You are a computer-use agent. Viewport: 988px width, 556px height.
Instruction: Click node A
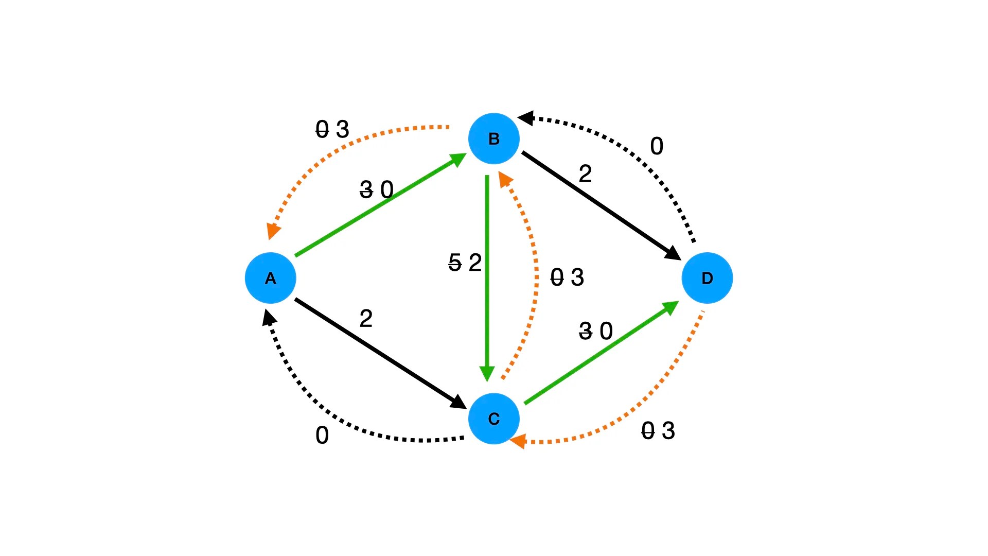click(271, 278)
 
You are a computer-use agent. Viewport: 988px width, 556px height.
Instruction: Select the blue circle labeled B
click(494, 138)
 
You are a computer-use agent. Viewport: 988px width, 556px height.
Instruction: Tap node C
click(494, 419)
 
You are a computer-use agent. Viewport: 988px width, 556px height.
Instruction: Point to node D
click(707, 278)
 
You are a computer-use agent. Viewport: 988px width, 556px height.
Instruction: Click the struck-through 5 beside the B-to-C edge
click(455, 263)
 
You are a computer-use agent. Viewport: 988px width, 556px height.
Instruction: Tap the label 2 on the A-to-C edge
click(366, 319)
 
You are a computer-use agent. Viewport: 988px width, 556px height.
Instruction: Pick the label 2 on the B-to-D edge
click(585, 174)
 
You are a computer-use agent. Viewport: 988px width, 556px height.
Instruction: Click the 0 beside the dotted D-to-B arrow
click(657, 147)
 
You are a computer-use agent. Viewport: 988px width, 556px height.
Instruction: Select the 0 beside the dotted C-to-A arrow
click(322, 436)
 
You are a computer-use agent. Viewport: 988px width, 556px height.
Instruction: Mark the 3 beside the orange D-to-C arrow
click(668, 431)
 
